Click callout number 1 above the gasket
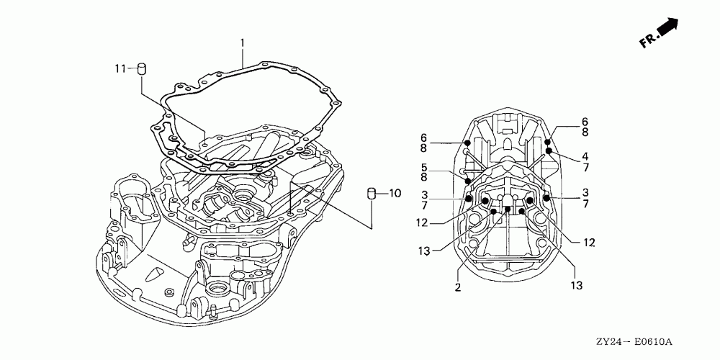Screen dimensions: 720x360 243,43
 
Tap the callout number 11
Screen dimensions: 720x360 120,68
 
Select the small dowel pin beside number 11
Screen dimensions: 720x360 142,69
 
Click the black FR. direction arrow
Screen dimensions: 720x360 669,28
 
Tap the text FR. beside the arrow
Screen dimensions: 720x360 647,42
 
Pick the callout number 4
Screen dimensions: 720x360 585,156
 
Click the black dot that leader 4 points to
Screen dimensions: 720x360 549,150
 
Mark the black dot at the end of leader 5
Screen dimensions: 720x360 469,180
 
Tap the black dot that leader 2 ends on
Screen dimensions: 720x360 508,210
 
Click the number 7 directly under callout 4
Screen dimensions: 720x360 585,167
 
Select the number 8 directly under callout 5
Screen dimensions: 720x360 424,176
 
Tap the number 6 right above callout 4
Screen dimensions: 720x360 585,122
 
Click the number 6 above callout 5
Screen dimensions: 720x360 424,137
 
